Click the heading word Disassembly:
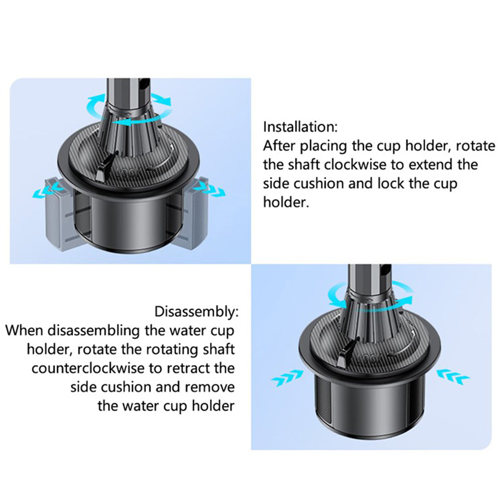coord(196,312)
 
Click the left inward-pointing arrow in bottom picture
coord(287,378)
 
